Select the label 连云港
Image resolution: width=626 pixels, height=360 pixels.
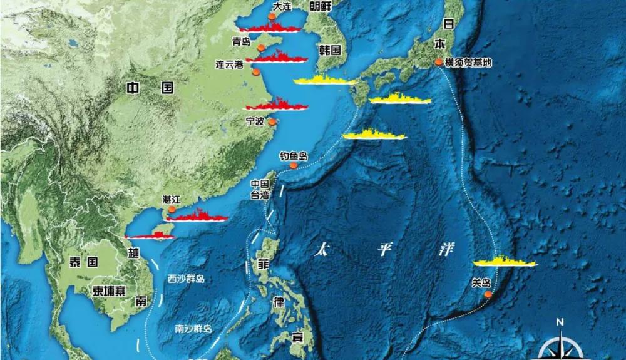point(228,64)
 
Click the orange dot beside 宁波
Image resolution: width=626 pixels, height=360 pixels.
point(272,123)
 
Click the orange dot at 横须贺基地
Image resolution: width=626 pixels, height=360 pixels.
point(439,63)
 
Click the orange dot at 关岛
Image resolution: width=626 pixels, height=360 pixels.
point(488,293)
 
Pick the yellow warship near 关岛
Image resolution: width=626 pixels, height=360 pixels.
point(505,262)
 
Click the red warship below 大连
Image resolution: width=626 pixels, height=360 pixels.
point(269,28)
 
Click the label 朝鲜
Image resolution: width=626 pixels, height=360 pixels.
point(321,6)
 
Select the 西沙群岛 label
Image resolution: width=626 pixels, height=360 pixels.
point(186,279)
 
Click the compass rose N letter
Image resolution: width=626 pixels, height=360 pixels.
point(559,322)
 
